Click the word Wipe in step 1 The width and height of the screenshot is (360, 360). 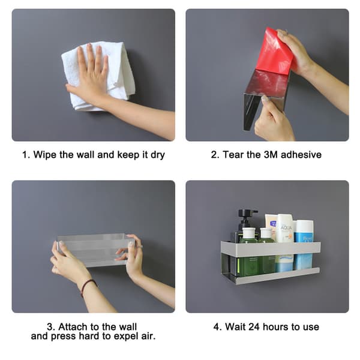click(x=45, y=155)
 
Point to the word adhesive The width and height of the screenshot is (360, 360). click(x=301, y=155)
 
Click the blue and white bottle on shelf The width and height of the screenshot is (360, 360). click(x=303, y=244)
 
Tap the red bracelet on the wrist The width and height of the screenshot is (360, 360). click(x=88, y=286)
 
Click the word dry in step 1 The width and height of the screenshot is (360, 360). click(x=158, y=155)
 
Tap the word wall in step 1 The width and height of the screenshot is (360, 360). click(x=86, y=155)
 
